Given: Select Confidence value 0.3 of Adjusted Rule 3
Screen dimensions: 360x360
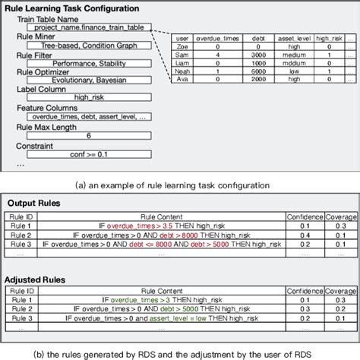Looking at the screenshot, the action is pyautogui.click(x=303, y=317).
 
